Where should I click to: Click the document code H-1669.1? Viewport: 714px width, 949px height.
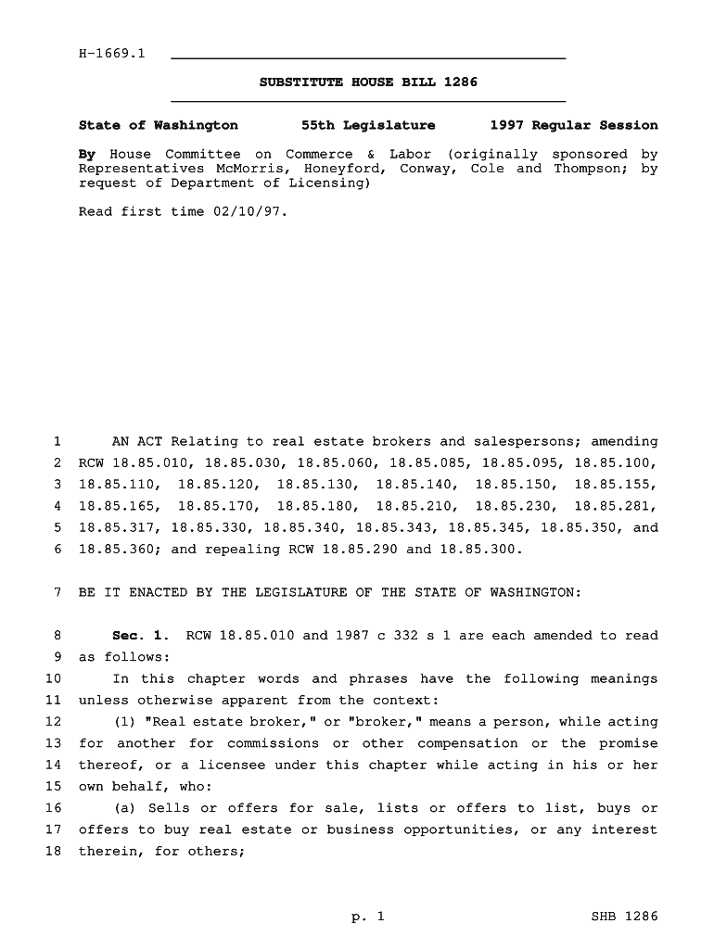coord(112,54)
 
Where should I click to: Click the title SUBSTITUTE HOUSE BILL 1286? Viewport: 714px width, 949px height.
coord(368,82)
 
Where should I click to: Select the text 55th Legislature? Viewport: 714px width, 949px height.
coord(368,125)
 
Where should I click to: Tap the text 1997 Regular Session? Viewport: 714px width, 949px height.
coord(573,125)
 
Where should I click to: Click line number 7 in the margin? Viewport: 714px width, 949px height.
coord(57,592)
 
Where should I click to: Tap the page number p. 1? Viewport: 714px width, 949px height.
coord(367,917)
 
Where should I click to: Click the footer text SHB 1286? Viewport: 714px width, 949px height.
coord(624,917)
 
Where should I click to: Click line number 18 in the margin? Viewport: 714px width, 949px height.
coord(53,851)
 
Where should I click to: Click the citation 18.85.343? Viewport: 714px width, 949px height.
coord(396,528)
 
